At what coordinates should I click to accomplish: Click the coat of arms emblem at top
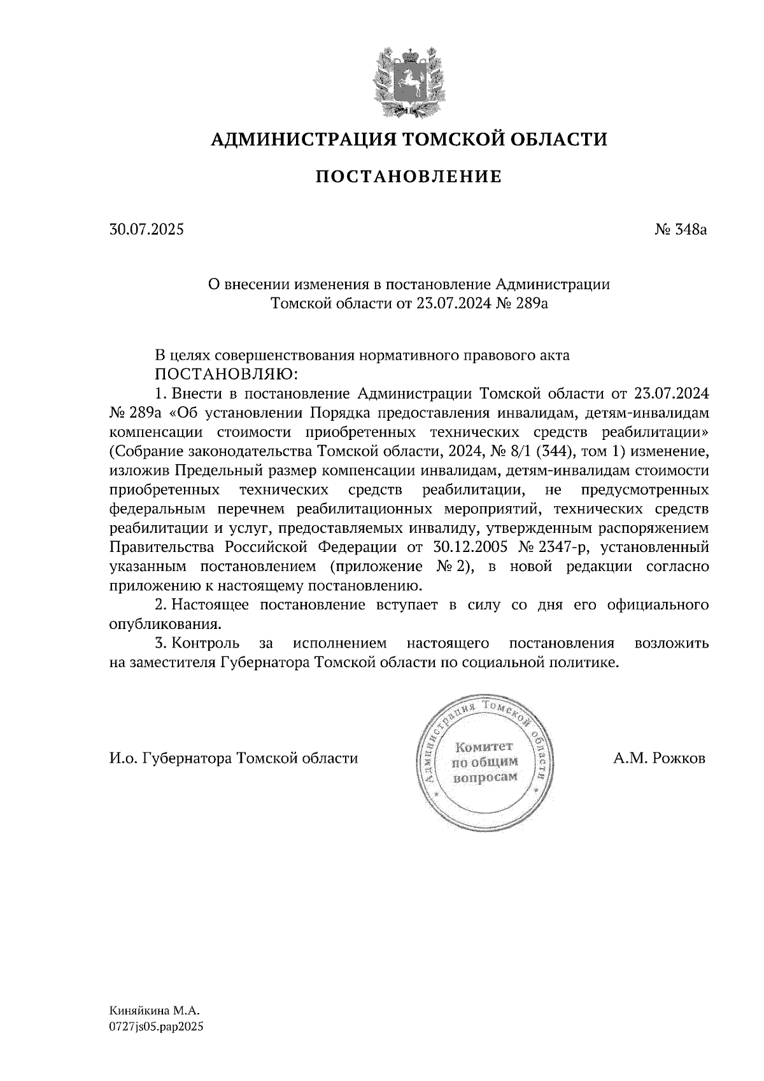point(407,81)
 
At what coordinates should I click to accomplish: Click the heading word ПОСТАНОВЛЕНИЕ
point(408,176)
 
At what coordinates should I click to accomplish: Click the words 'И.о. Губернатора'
point(171,758)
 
